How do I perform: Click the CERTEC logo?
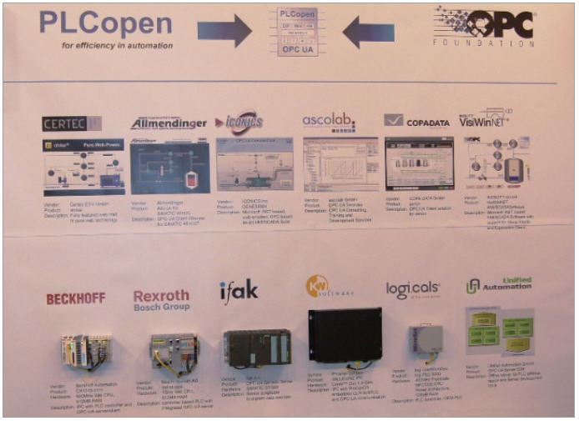click(71, 123)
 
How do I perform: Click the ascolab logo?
click(328, 120)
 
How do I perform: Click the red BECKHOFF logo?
click(75, 298)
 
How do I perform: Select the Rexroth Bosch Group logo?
click(161, 300)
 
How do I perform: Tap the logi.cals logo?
click(412, 289)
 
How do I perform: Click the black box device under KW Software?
click(345, 334)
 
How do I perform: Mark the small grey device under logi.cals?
click(425, 339)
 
